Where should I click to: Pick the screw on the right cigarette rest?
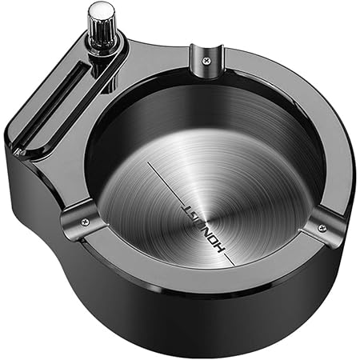(x=321, y=229)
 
